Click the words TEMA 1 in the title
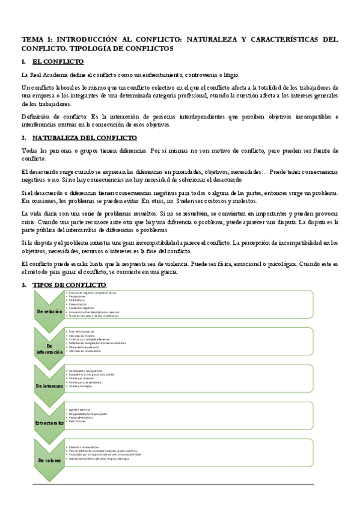point(37,38)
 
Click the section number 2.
point(23,137)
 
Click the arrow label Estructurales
point(49,423)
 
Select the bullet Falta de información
point(83,331)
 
